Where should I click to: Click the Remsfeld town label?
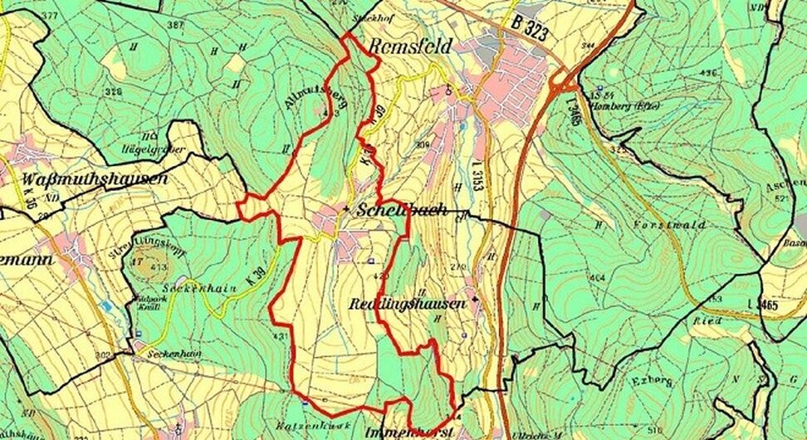click(410, 46)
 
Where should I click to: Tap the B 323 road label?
click(529, 27)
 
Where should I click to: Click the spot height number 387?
click(174, 26)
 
